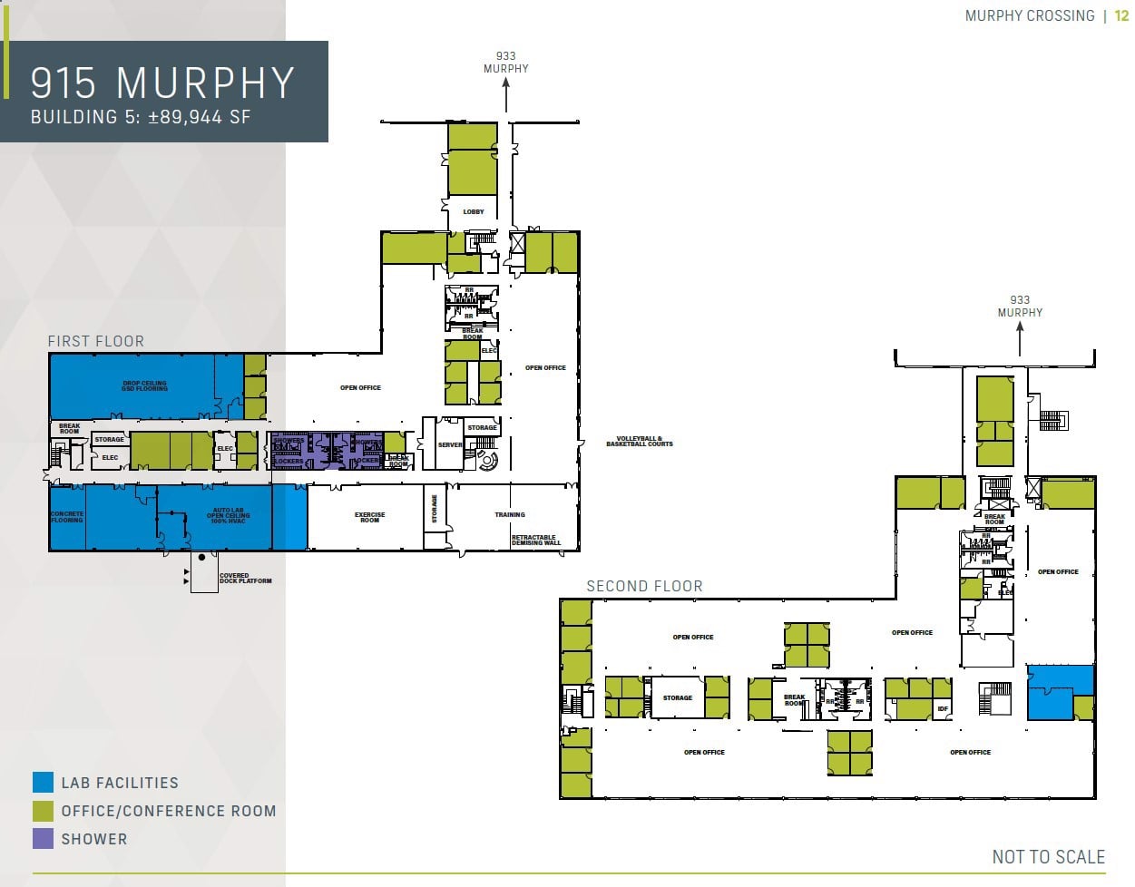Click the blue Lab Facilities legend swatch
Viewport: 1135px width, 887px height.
coord(43,783)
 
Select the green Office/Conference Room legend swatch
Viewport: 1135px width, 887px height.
coord(43,811)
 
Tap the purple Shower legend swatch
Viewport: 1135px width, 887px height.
coord(43,839)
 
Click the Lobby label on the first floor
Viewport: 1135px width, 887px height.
coord(474,211)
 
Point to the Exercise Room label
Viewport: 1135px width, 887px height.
coord(369,517)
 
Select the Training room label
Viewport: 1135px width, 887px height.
coord(509,514)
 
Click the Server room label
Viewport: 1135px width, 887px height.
coord(450,445)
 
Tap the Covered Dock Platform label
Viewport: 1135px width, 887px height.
coord(245,579)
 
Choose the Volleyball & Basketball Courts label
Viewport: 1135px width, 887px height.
coord(640,442)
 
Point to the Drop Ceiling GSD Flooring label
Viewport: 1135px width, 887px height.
coord(145,385)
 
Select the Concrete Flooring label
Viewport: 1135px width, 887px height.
coord(67,517)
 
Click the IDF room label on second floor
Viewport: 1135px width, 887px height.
coord(943,708)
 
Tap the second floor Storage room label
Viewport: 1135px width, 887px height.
coord(677,697)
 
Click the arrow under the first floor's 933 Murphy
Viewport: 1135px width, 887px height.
coord(505,94)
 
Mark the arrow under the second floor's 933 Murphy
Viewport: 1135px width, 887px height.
coord(1020,338)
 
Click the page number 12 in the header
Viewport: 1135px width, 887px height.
coord(1122,15)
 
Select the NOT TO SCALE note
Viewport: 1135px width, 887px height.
coord(1048,857)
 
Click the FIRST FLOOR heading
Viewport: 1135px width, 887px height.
coord(95,341)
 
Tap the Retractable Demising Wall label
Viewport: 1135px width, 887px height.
coord(535,541)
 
